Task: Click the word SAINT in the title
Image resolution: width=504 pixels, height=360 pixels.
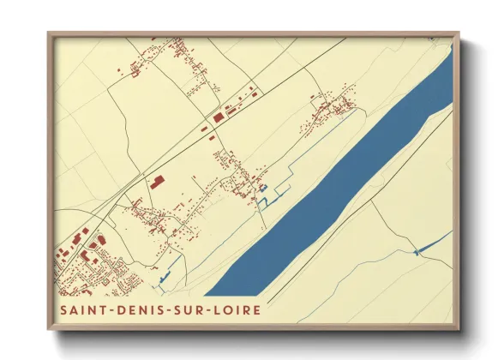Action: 81,309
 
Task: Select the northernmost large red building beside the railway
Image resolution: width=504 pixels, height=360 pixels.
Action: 219,115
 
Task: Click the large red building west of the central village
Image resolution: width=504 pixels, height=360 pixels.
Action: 156,182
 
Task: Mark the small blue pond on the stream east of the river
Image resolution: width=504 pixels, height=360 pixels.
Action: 417,251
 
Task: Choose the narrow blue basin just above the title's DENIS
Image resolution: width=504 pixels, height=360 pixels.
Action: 165,279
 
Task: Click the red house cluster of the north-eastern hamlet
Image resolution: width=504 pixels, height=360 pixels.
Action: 330,109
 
